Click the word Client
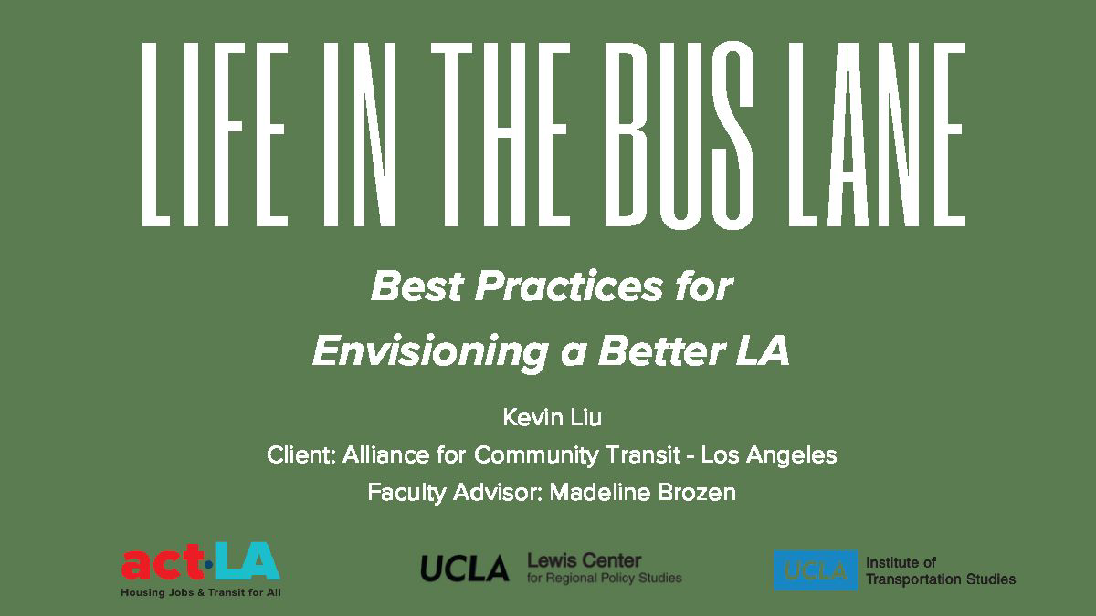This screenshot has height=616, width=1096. (x=299, y=454)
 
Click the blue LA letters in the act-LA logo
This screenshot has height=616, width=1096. (x=248, y=563)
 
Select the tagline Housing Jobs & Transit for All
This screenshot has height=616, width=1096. (x=200, y=592)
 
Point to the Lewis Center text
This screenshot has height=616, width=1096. (x=585, y=560)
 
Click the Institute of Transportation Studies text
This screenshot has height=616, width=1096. (x=940, y=570)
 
